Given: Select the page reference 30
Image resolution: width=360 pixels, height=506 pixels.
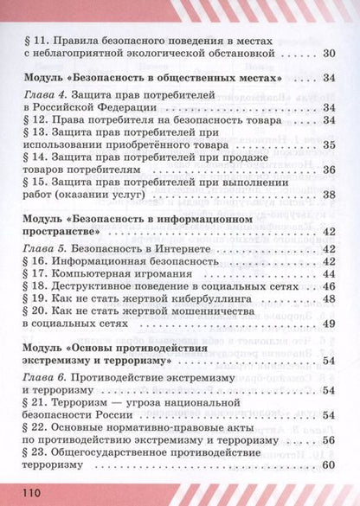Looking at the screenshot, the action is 326,54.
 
